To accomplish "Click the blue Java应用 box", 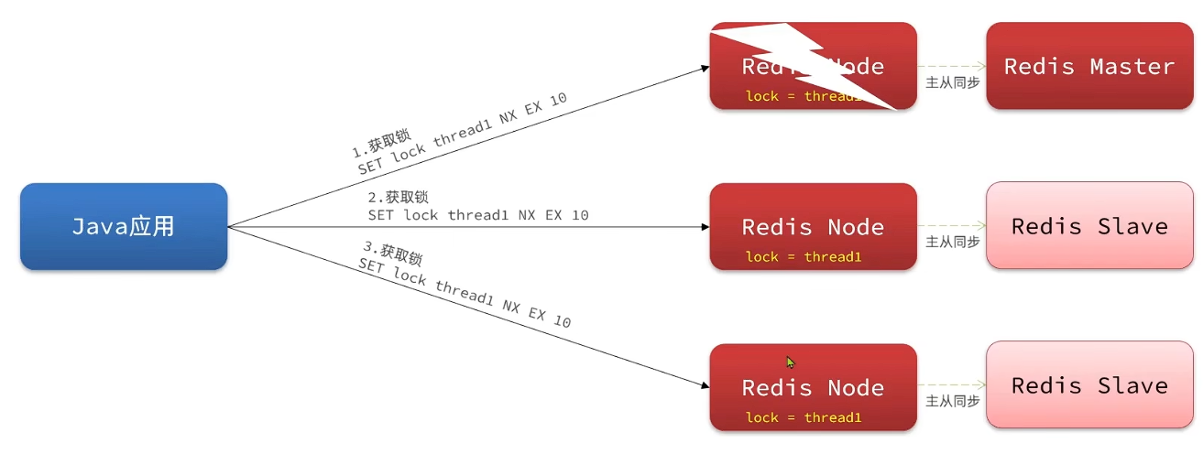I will click(x=124, y=227).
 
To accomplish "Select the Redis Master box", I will click(x=1088, y=66).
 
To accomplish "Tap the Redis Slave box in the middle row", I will click(x=1088, y=226).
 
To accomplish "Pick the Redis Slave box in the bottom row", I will click(x=1088, y=386).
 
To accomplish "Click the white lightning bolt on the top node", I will click(x=806, y=64).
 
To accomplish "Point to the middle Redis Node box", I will click(x=813, y=226).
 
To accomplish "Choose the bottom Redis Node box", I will click(x=813, y=387).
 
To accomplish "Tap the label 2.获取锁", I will click(x=399, y=197).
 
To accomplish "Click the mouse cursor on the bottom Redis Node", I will click(x=790, y=362).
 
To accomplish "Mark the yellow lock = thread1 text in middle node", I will click(x=804, y=257).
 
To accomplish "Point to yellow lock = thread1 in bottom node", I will click(x=804, y=418).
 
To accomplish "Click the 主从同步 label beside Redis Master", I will click(x=953, y=82).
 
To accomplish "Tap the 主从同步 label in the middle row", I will click(x=953, y=243).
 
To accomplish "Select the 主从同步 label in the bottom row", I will click(x=953, y=402).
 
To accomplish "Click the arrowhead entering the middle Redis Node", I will click(x=704, y=227).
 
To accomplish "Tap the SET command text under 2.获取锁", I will click(x=477, y=216).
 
